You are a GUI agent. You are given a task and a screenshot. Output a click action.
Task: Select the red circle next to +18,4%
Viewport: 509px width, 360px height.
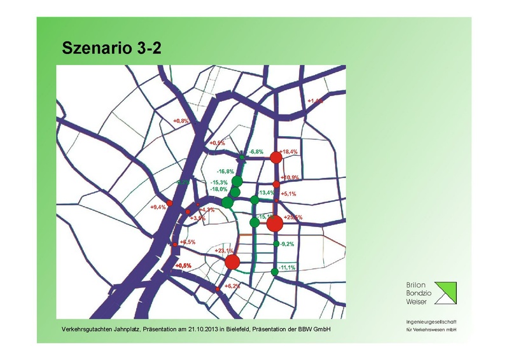click(275, 157)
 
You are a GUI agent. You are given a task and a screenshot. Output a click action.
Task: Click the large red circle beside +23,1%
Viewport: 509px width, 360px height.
click(232, 262)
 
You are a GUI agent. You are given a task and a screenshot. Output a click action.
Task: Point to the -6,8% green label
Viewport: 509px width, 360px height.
click(256, 152)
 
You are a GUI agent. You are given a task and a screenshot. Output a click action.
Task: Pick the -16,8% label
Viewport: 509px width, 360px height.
click(225, 172)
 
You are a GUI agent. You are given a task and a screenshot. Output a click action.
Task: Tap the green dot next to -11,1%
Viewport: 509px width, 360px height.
click(274, 272)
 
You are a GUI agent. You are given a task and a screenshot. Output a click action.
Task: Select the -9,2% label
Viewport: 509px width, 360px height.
click(287, 244)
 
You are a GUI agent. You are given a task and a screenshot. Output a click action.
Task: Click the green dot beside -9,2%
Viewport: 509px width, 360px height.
click(275, 244)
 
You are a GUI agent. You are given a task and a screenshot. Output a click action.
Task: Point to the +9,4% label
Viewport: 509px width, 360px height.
click(158, 207)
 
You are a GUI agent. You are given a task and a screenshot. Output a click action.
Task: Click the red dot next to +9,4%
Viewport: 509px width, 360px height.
click(169, 204)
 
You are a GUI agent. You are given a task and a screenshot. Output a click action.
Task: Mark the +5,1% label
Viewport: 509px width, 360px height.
click(288, 195)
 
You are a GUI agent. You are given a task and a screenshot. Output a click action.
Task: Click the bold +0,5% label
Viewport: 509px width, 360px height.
click(183, 265)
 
